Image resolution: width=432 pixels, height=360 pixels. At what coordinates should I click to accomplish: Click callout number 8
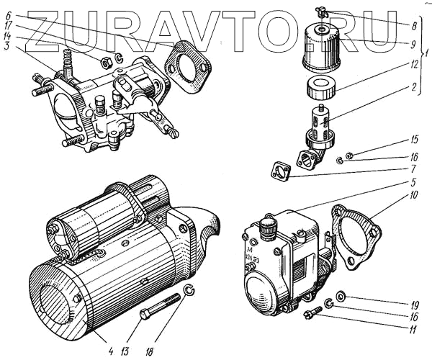pyautogui.click(x=413, y=27)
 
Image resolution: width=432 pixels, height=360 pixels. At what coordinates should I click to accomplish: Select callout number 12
pyautogui.click(x=413, y=64)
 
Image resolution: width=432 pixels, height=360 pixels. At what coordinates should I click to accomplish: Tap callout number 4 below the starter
pyautogui.click(x=111, y=352)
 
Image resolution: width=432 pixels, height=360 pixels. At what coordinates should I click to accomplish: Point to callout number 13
pyautogui.click(x=125, y=352)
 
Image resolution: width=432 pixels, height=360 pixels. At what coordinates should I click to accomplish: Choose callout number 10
pyautogui.click(x=413, y=195)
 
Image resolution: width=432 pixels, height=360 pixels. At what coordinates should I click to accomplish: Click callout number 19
pyautogui.click(x=414, y=305)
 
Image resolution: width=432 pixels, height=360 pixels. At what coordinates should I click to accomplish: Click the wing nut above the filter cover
pyautogui.click(x=321, y=13)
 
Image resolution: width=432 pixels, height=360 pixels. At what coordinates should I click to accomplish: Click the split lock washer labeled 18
pyautogui.click(x=189, y=290)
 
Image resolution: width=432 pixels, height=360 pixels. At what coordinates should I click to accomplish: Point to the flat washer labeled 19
pyautogui.click(x=341, y=297)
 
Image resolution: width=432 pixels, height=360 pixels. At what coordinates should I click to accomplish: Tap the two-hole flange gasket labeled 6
pyautogui.click(x=188, y=66)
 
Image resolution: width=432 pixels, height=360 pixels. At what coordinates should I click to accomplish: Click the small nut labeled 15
pyautogui.click(x=350, y=156)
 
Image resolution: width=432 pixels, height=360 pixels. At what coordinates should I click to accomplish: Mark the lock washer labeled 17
pyautogui.click(x=119, y=57)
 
